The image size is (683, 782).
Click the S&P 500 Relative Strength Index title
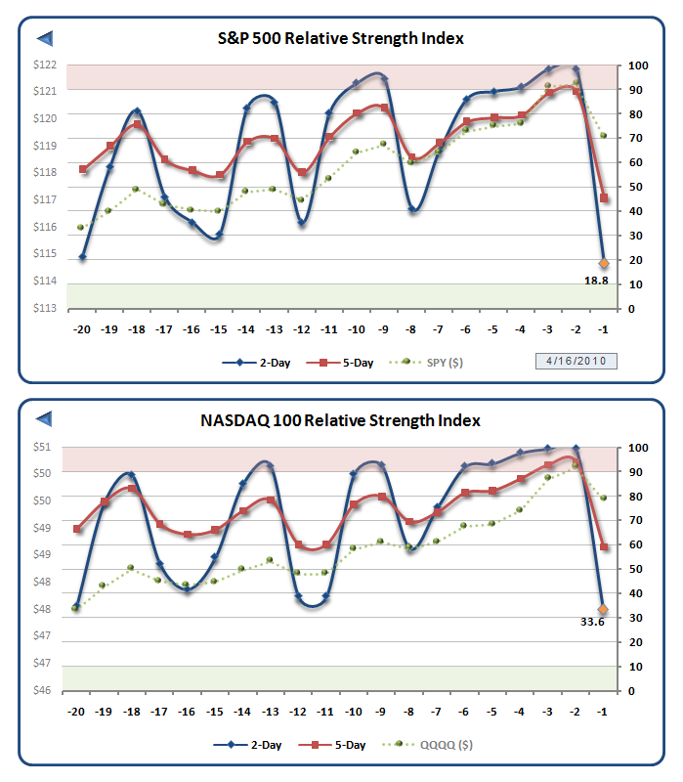pyautogui.click(x=340, y=38)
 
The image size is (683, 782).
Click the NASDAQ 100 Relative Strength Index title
pyautogui.click(x=340, y=420)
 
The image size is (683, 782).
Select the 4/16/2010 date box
pyautogui.click(x=576, y=361)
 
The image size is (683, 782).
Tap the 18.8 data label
pyautogui.click(x=596, y=280)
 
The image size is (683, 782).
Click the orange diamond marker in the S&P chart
pyautogui.click(x=604, y=263)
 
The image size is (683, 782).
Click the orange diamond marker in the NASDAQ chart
pyautogui.click(x=603, y=609)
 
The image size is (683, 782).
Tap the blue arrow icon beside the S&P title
pyautogui.click(x=44, y=38)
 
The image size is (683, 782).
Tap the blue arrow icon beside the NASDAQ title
pyautogui.click(x=44, y=419)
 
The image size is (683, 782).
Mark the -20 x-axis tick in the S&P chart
pyautogui.click(x=81, y=329)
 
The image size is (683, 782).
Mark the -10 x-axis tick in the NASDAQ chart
pyautogui.click(x=355, y=712)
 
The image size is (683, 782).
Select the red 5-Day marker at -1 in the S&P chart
pyautogui.click(x=604, y=198)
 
